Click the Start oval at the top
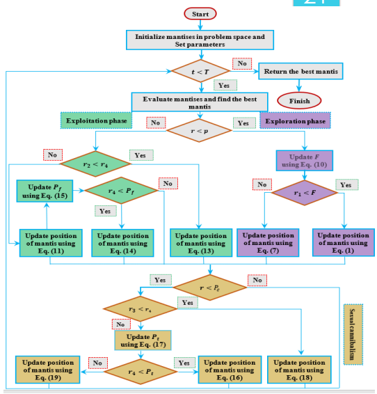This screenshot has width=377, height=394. click(200, 13)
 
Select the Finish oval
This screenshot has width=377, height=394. click(299, 100)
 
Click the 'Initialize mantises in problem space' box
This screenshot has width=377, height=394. click(200, 40)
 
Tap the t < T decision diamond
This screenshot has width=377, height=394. click(200, 72)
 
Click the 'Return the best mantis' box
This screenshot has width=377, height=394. click(301, 71)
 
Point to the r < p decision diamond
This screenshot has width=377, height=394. click(200, 129)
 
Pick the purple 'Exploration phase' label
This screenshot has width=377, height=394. click(295, 121)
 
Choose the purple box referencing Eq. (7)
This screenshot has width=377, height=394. click(266, 243)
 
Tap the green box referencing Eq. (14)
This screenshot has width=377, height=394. click(122, 243)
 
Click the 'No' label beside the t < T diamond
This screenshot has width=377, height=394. click(242, 64)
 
